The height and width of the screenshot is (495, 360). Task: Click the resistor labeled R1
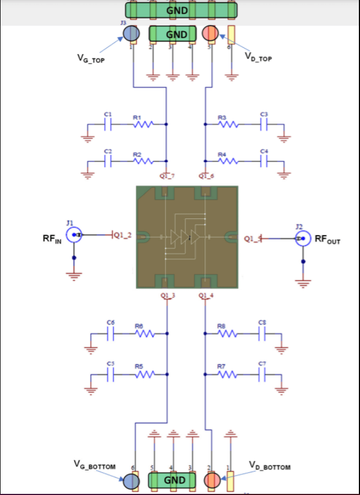[142, 125]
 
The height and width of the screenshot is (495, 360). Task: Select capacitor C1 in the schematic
[109, 125]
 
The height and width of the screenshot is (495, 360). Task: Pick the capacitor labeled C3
[264, 125]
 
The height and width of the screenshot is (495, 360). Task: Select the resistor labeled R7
[228, 374]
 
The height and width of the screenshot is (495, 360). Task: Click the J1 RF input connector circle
[74, 236]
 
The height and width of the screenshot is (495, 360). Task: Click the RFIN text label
[52, 238]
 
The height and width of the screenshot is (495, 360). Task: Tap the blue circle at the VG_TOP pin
[131, 34]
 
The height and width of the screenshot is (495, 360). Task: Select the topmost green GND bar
[181, 9]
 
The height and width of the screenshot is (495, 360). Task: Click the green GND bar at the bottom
[173, 480]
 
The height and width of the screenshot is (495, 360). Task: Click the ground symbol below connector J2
[303, 283]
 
